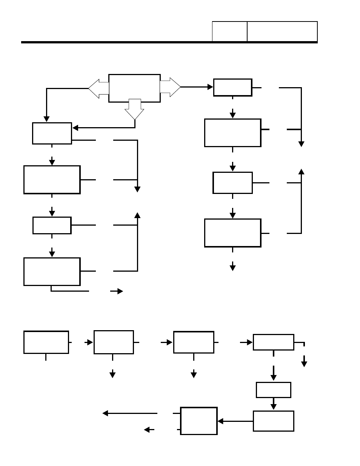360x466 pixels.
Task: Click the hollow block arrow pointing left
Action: pyautogui.click(x=98, y=89)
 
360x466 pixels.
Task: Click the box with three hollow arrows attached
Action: pyautogui.click(x=134, y=88)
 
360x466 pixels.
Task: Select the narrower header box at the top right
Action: pyautogui.click(x=229, y=31)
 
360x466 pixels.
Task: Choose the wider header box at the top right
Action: pyautogui.click(x=282, y=31)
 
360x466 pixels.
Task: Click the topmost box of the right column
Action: pyautogui.click(x=232, y=88)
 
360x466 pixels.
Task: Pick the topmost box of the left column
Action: pyautogui.click(x=52, y=133)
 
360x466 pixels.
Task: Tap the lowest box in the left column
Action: pyautogui.click(x=52, y=272)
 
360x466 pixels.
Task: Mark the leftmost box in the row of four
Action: pyautogui.click(x=46, y=342)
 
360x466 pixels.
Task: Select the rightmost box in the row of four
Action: pyautogui.click(x=273, y=342)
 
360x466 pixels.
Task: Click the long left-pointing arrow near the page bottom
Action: pyautogui.click(x=130, y=413)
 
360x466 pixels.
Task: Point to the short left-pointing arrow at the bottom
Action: pyautogui.click(x=149, y=429)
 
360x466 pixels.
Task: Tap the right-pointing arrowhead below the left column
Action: pyautogui.click(x=120, y=291)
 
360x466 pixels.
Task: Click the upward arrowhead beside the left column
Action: pyautogui.click(x=137, y=215)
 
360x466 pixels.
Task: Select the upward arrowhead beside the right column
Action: pyautogui.click(x=301, y=171)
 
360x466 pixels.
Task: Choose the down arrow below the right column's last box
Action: pyautogui.click(x=232, y=267)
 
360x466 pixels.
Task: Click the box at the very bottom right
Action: pyautogui.click(x=273, y=421)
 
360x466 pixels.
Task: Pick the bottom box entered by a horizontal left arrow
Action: pyautogui.click(x=199, y=421)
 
